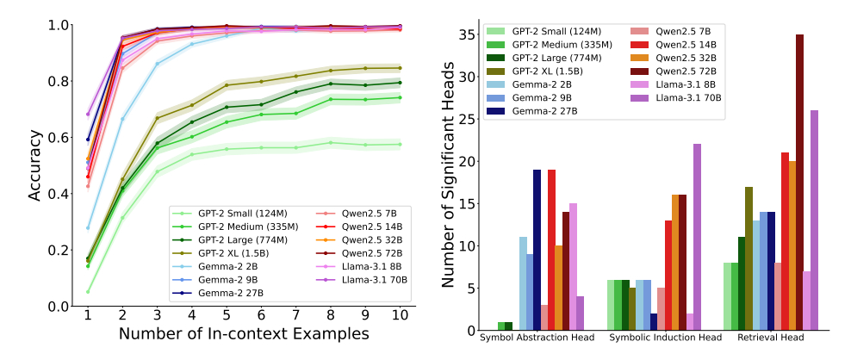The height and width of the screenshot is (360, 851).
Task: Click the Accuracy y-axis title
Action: point(34,165)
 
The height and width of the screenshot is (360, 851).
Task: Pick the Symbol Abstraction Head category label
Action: point(533,338)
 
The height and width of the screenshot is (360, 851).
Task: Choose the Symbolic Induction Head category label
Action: point(660,338)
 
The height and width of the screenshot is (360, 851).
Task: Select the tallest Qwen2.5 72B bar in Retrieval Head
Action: point(799,183)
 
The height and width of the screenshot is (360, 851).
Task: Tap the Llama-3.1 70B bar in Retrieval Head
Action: point(814,220)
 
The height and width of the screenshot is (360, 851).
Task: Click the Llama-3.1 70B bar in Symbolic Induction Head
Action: point(698,237)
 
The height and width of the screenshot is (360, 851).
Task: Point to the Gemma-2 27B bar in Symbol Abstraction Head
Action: point(537,250)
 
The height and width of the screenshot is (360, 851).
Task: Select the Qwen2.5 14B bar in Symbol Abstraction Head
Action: point(551,250)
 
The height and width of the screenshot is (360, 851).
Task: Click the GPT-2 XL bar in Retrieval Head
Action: point(749,258)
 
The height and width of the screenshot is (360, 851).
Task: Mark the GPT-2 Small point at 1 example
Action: point(88,292)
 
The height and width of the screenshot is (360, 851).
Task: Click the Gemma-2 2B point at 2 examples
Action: point(122,119)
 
